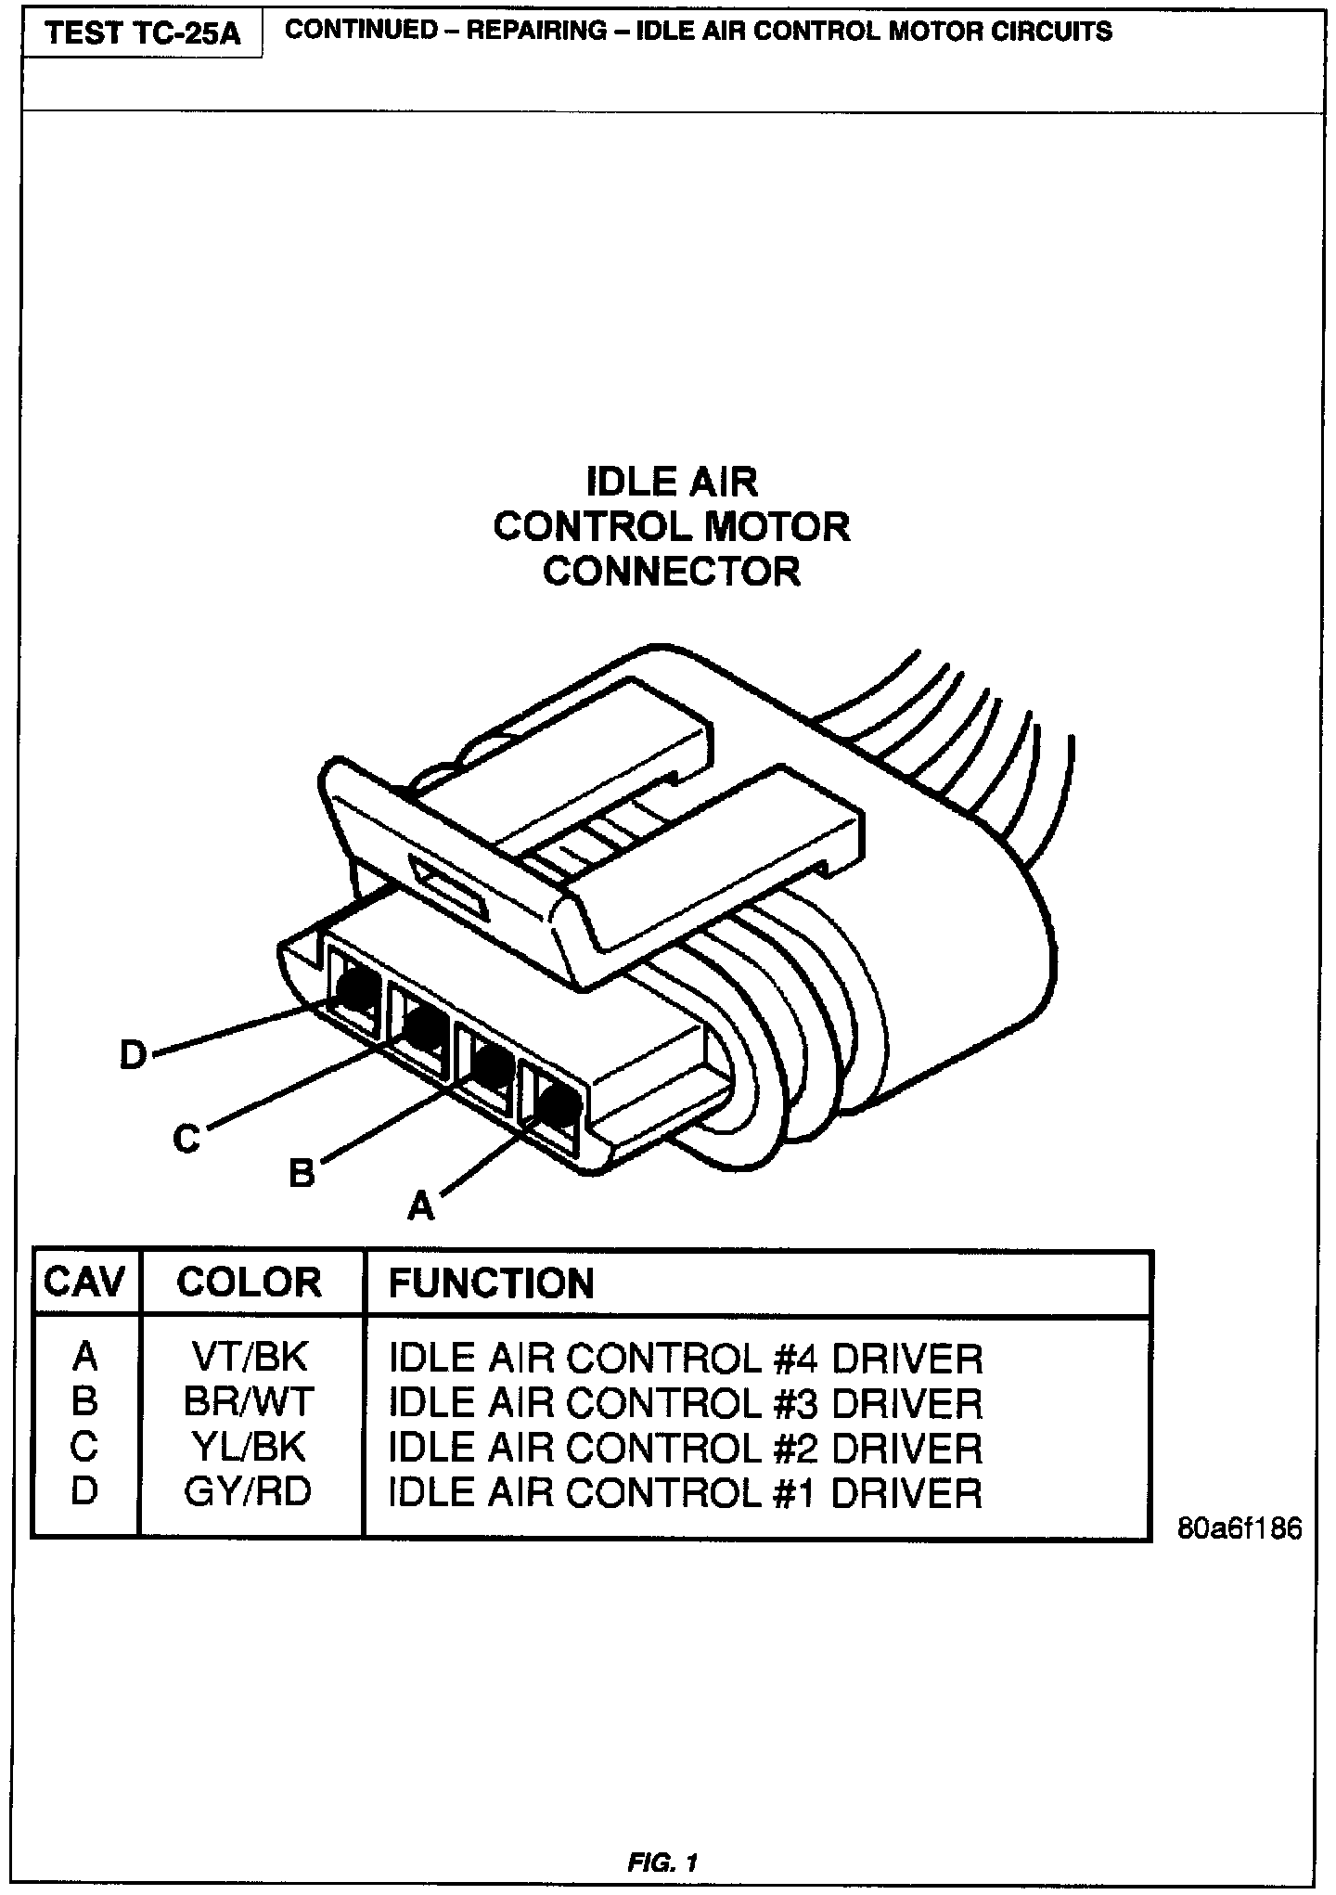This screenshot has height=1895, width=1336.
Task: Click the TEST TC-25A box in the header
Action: pos(142,34)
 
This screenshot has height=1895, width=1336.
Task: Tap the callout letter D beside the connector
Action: pos(134,1055)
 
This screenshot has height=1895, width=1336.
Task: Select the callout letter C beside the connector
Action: pos(186,1138)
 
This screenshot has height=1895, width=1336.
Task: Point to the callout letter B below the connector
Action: pos(302,1173)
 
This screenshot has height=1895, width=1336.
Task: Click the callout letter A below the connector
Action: pos(421,1205)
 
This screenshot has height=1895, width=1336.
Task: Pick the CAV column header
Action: pos(84,1283)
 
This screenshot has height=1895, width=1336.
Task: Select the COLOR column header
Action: pos(249,1283)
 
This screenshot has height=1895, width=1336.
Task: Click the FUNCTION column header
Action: pos(491,1283)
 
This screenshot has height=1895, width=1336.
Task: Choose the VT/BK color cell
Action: pos(248,1358)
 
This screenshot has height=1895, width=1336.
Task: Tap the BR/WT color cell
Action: pos(248,1401)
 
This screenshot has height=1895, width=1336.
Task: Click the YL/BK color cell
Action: pos(248,1446)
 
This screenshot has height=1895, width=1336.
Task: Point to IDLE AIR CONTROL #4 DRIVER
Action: pos(685,1359)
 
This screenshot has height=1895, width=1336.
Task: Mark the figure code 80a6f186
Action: pos(1240,1528)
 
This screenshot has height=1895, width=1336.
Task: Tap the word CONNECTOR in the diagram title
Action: pos(671,571)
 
